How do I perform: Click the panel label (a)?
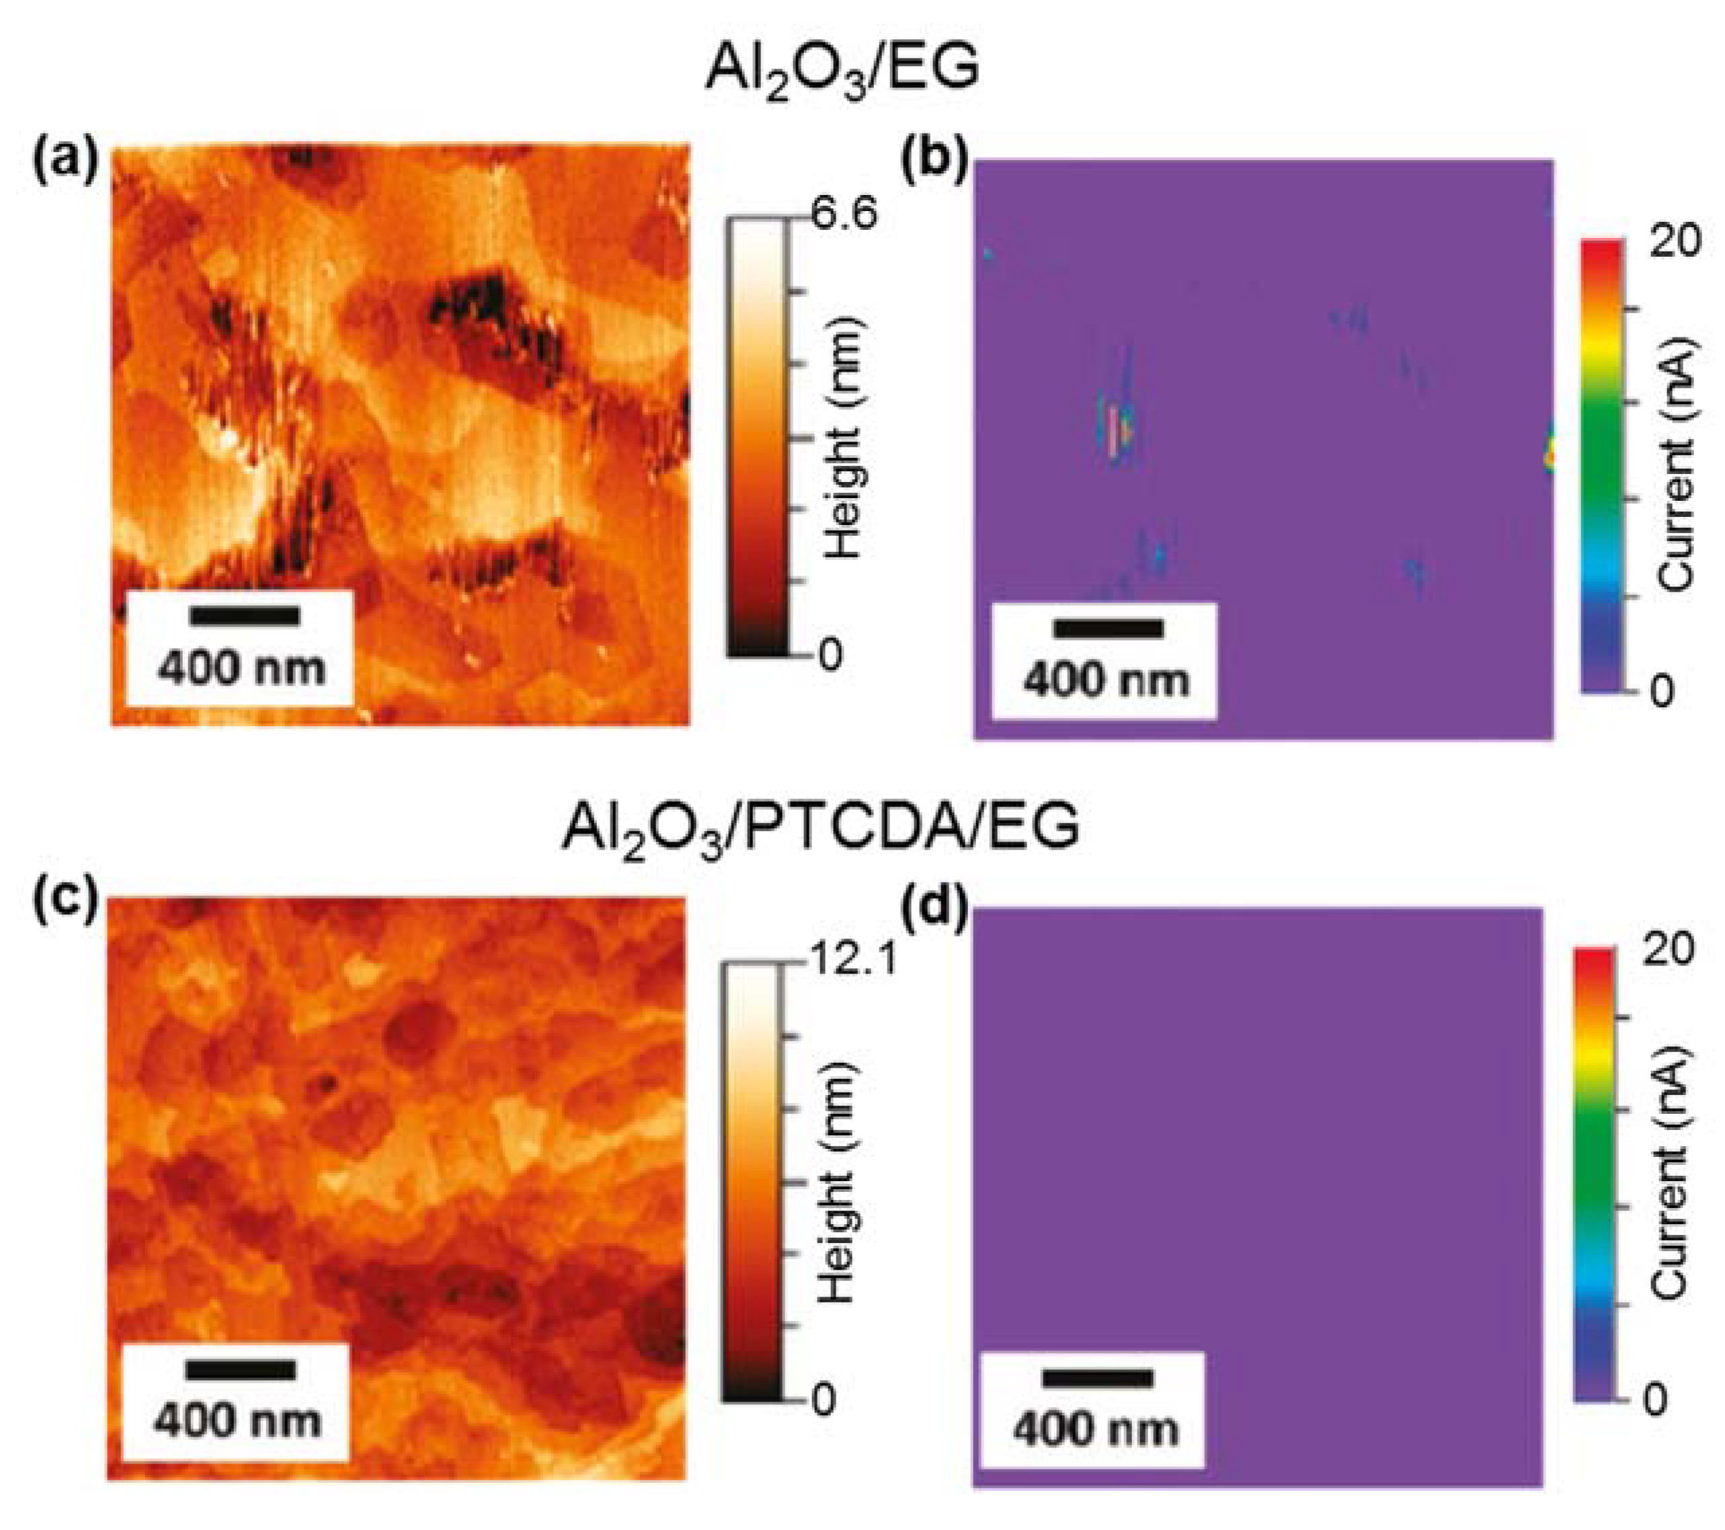tap(65, 162)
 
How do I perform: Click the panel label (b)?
tap(934, 162)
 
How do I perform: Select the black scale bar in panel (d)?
tap(1097, 1378)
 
